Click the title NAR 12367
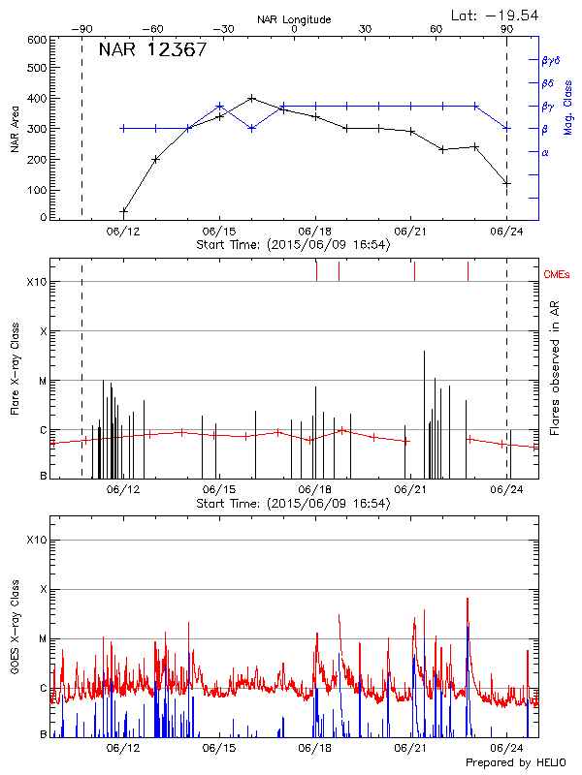click(152, 49)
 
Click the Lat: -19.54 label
click(496, 15)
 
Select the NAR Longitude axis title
click(294, 19)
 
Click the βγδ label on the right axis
click(550, 60)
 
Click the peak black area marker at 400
click(252, 98)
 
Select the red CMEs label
click(557, 276)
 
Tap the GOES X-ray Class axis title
click(15, 639)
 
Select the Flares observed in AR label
click(554, 369)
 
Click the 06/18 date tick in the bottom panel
click(315, 748)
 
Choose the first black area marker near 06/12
click(123, 211)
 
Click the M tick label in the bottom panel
click(43, 639)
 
